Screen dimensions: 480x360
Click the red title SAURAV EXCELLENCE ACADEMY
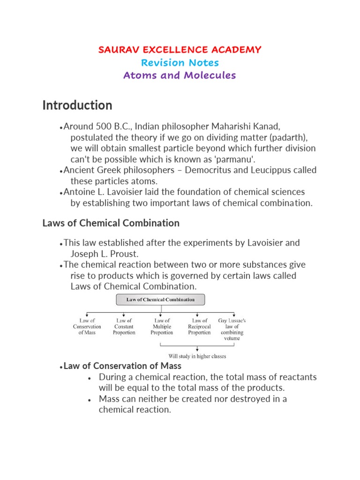[x=180, y=50]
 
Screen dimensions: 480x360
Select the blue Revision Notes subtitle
[x=180, y=62]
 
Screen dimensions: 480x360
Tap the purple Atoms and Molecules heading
[x=180, y=75]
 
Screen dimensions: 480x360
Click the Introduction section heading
[x=77, y=105]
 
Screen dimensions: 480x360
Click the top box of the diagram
[x=160, y=299]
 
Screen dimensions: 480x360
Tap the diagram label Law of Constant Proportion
[x=124, y=327]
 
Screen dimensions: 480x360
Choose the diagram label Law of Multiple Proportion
[x=162, y=327]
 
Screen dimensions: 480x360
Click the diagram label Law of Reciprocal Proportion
[x=199, y=327]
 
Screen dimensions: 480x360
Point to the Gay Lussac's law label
[x=232, y=329]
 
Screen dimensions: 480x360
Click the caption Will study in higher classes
[x=197, y=356]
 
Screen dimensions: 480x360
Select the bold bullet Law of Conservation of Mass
[x=122, y=366]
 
